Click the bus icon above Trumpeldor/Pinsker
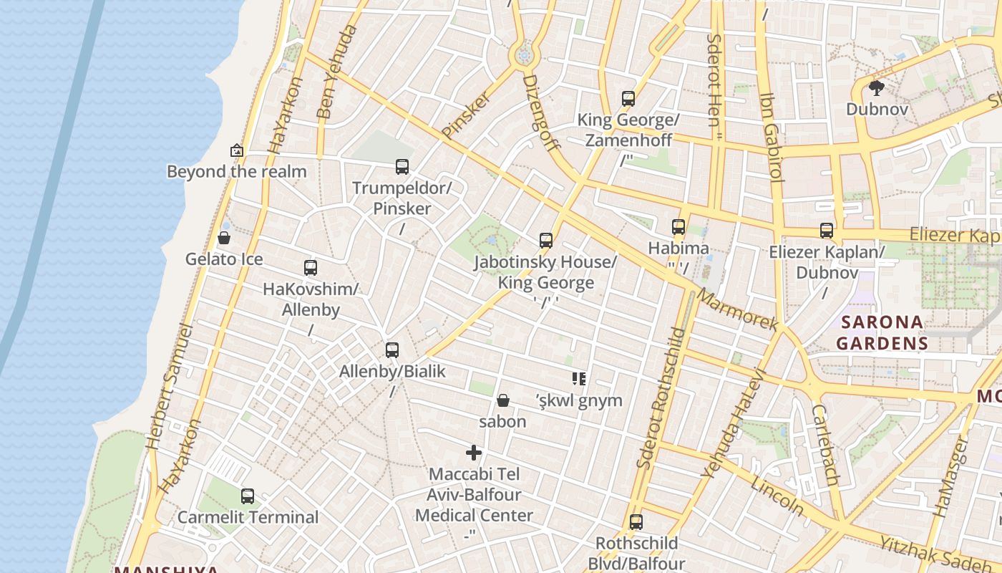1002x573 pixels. (402, 167)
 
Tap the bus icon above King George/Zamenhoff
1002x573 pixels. (628, 99)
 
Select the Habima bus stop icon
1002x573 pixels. (678, 227)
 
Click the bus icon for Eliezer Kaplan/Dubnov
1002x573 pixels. (827, 231)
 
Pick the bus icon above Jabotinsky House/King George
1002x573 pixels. (546, 241)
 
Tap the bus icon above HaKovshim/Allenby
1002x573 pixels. (311, 268)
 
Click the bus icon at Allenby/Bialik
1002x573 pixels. (392, 350)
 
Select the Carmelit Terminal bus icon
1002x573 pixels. (248, 496)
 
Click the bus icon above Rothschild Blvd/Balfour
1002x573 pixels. (636, 522)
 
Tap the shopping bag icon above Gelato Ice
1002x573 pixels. (224, 238)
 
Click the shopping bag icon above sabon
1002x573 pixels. (503, 400)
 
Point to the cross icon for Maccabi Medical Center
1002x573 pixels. (474, 453)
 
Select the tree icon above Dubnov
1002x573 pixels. (877, 88)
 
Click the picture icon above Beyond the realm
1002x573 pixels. (237, 150)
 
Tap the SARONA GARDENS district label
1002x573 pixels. (882, 332)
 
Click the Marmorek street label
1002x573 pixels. (737, 309)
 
